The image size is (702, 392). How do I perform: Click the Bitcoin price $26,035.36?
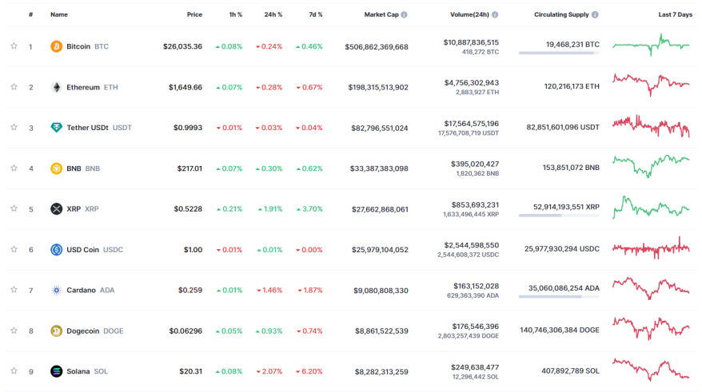coord(182,46)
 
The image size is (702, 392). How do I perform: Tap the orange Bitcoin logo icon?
coord(57,46)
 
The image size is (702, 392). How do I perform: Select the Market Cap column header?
coord(381,14)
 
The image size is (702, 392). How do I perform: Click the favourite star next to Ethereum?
coord(14,87)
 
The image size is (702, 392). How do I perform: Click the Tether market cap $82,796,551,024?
coord(380,128)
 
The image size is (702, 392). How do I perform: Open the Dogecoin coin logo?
coord(57,331)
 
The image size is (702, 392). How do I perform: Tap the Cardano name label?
coord(81,290)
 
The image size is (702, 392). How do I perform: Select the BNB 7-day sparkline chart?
coord(651,166)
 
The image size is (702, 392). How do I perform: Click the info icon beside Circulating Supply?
coord(595,14)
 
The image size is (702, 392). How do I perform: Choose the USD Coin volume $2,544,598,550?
coord(472,245)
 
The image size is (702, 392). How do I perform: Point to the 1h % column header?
coord(236,14)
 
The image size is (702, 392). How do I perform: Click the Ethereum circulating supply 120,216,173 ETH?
coord(572,86)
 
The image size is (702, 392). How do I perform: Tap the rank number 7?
coord(31,291)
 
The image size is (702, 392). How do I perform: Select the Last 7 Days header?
coord(675,14)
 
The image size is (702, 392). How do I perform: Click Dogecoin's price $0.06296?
coord(185,331)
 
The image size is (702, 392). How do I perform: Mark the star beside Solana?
coord(14,370)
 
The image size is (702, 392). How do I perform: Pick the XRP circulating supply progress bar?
coord(559,216)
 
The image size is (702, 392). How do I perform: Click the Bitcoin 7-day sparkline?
coord(651,45)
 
